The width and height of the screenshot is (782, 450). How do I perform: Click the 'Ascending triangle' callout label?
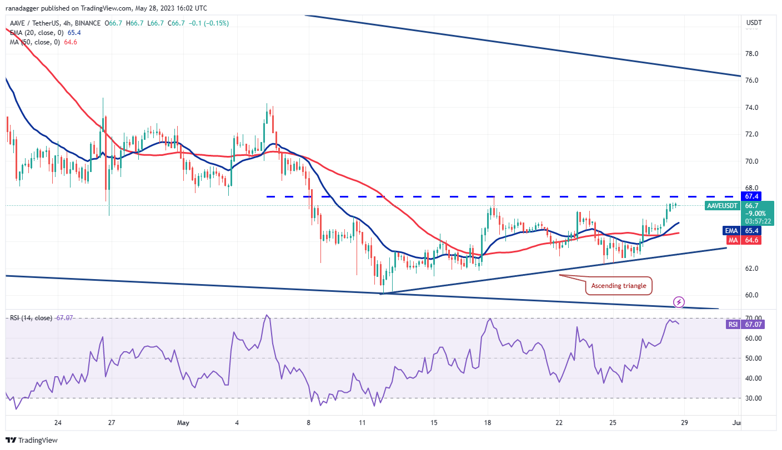coord(618,286)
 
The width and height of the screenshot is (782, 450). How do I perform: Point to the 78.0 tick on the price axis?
coord(752,54)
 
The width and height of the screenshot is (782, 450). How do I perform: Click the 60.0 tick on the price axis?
coord(752,295)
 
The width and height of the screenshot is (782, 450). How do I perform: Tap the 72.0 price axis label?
coord(752,134)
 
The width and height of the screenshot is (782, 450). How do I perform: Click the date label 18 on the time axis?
coord(488,423)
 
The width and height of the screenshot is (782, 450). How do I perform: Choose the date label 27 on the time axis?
coord(112,423)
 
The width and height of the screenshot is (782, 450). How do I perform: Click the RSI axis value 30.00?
coord(753,398)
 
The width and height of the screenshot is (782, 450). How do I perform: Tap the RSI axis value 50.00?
coord(753,358)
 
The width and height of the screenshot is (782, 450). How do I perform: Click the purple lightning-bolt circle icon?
coord(679,302)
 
